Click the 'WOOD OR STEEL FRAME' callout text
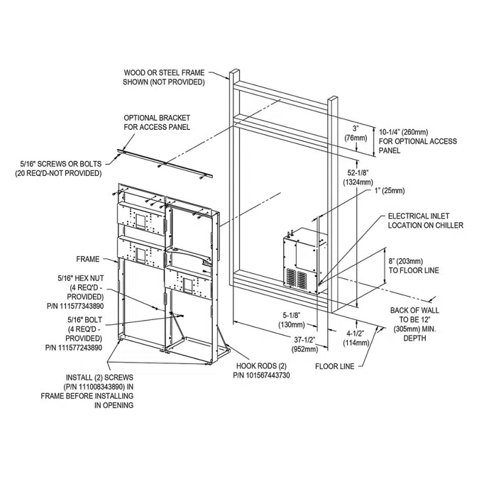click(164, 77)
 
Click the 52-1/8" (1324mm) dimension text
click(358, 178)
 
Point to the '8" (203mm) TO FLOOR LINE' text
click(414, 265)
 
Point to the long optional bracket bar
click(166, 162)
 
